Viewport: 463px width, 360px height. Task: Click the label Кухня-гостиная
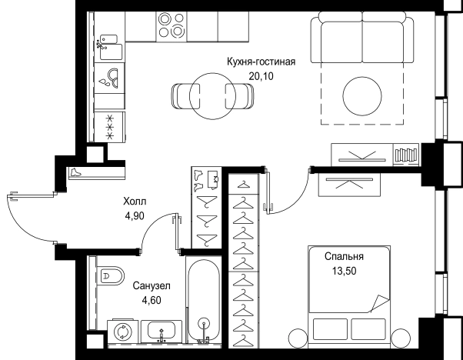(x=261, y=62)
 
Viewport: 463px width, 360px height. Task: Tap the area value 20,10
(x=261, y=76)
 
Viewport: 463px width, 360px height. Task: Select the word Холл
(x=135, y=202)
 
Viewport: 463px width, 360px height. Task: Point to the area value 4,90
(x=135, y=216)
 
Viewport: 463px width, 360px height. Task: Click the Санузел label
(x=152, y=286)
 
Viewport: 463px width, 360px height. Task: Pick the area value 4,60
(x=152, y=300)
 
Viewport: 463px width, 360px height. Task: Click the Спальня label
(x=344, y=256)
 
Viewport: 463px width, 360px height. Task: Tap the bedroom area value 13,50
(x=344, y=271)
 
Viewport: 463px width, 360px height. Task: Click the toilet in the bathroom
(x=110, y=276)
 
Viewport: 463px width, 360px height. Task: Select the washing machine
(x=122, y=332)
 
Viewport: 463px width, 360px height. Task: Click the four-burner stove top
(x=172, y=25)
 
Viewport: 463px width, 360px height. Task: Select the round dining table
(x=212, y=96)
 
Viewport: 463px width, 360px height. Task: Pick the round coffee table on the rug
(x=362, y=96)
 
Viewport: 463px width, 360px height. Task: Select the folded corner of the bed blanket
(x=379, y=303)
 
